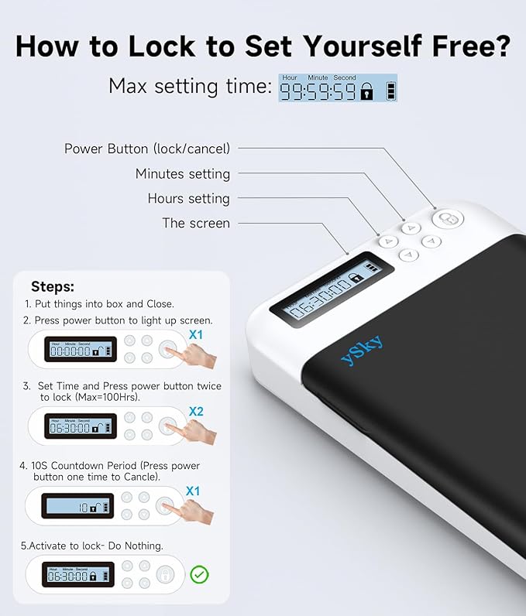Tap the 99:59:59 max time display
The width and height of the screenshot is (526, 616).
point(318,91)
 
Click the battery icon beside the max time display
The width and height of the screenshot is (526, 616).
point(392,91)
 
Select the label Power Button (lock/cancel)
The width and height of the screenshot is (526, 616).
point(147,149)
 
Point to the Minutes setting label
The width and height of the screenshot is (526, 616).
point(183,173)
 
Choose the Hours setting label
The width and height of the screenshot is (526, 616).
point(189,198)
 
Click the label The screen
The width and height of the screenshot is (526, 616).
point(196,223)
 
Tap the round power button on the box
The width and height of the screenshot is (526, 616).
point(447,219)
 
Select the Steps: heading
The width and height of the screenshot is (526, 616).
point(53,286)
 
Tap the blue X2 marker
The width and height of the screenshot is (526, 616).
point(196,412)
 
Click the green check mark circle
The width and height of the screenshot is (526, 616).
point(200,574)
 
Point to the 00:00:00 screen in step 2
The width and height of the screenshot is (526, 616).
point(80,350)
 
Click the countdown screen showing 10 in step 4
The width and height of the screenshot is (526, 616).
point(80,507)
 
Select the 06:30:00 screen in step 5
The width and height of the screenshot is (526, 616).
point(80,576)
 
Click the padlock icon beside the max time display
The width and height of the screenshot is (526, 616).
point(367,92)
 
